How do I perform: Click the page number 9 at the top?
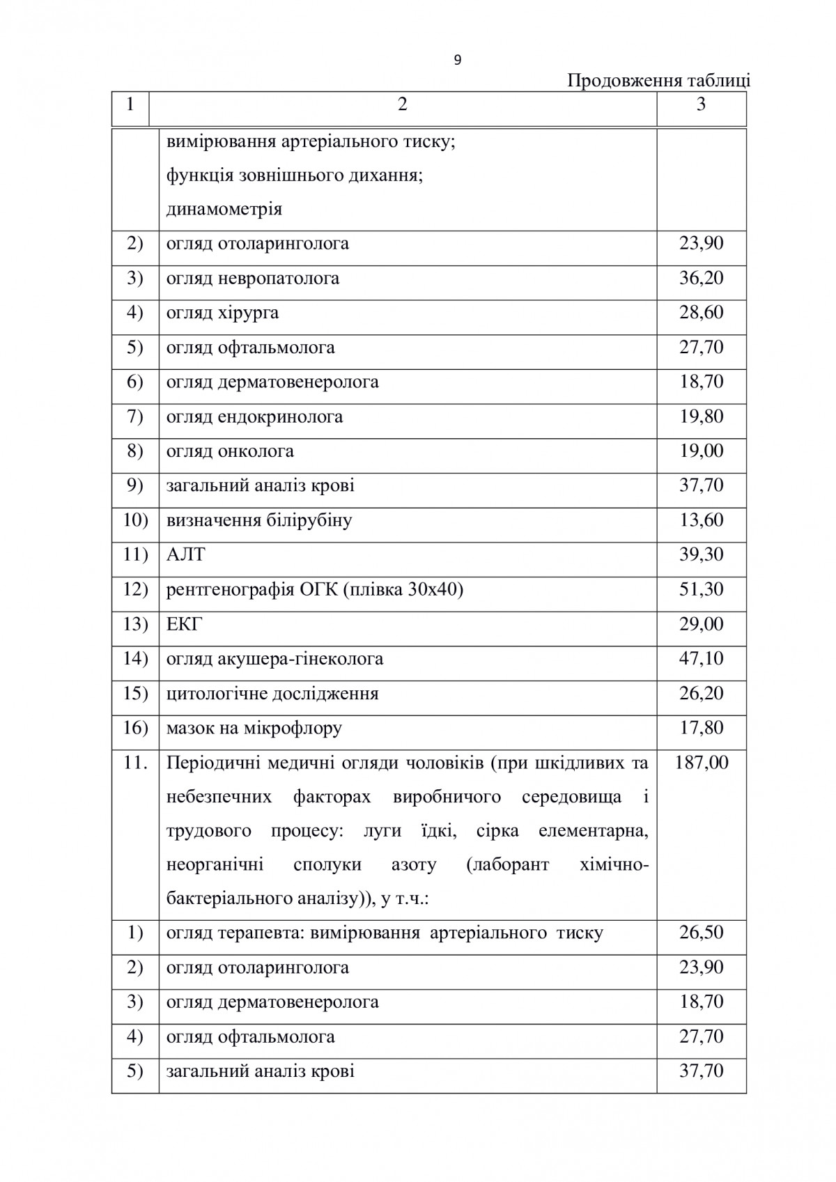click(x=457, y=61)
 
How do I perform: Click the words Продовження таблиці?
click(x=658, y=81)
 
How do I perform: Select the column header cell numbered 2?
click(x=402, y=104)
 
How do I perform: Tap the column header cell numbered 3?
click(x=701, y=104)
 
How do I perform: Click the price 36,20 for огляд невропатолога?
click(x=701, y=278)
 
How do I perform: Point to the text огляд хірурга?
click(x=222, y=313)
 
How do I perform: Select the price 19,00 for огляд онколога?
click(x=701, y=451)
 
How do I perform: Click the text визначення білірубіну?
click(x=258, y=520)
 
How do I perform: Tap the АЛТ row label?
click(x=185, y=555)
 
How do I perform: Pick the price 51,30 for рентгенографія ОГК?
click(x=701, y=589)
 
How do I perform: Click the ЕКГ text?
click(x=184, y=624)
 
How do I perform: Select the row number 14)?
click(x=135, y=659)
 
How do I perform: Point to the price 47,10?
click(x=701, y=659)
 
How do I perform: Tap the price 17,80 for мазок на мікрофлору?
click(x=701, y=728)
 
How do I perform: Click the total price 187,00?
click(x=701, y=763)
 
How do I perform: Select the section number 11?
click(x=135, y=763)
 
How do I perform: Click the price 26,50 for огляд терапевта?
click(x=701, y=933)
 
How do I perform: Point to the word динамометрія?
click(x=224, y=209)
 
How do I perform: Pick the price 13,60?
click(x=701, y=520)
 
